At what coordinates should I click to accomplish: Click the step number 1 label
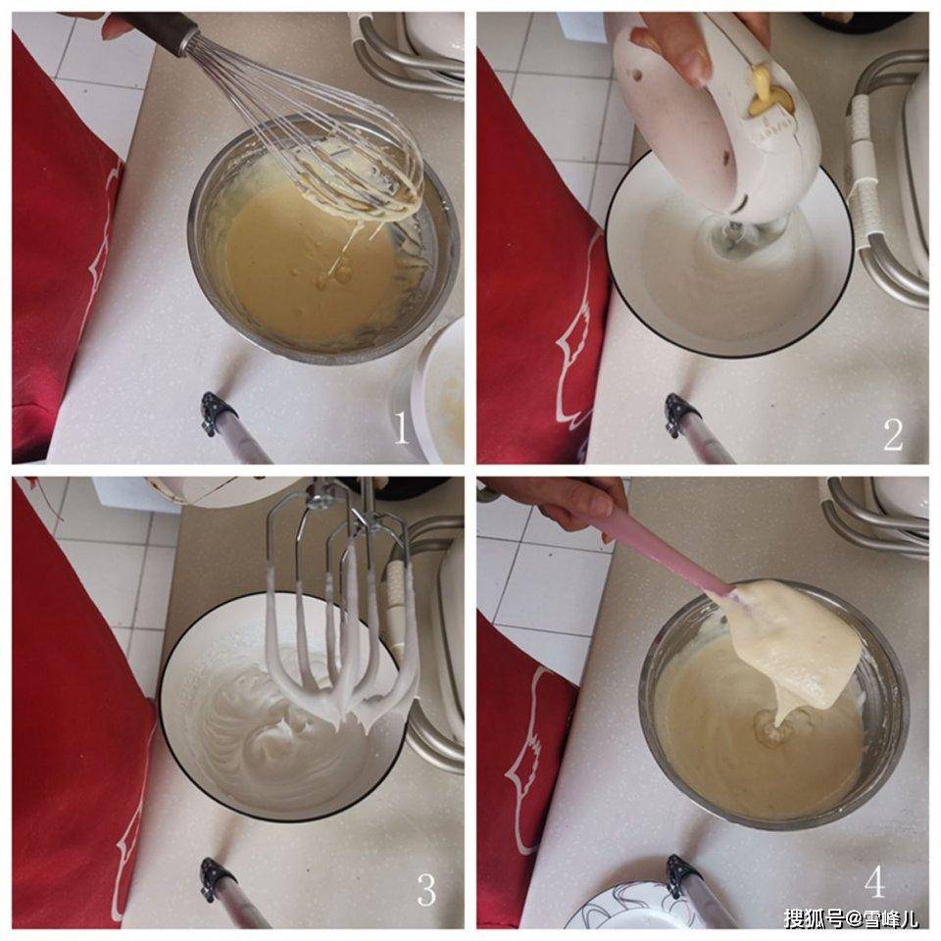(400, 429)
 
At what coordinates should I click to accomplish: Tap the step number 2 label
(892, 434)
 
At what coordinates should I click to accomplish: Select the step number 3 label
(426, 890)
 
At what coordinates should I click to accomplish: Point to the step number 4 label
(875, 882)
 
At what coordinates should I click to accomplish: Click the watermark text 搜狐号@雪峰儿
(851, 918)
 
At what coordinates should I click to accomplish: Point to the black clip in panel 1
(218, 413)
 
